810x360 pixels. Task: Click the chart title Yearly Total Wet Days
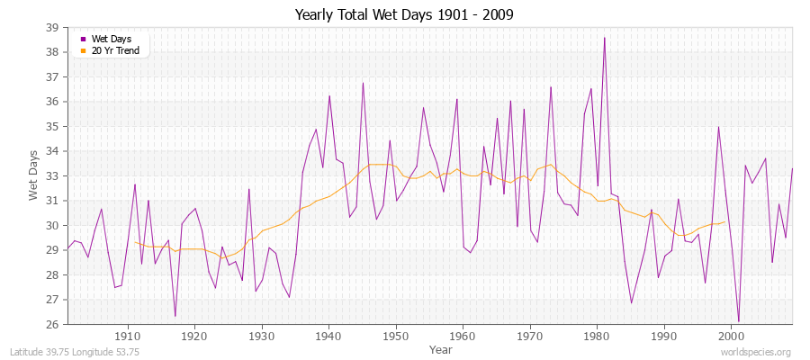(403, 15)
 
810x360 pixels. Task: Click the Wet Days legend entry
(111, 39)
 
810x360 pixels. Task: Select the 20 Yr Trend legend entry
(115, 50)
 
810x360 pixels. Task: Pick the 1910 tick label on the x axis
(127, 336)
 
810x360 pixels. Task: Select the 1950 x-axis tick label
(396, 336)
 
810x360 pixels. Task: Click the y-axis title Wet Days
(32, 175)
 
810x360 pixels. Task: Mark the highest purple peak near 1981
(604, 38)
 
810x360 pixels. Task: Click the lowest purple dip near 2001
(739, 321)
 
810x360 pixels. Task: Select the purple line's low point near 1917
(175, 316)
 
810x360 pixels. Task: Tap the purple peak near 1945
(363, 83)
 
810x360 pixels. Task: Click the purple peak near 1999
(718, 126)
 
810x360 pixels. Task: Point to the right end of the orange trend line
(725, 221)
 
